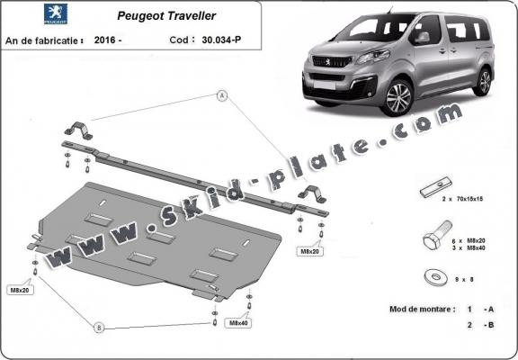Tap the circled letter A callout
pyautogui.click(x=221, y=94)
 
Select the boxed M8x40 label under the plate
pyautogui.click(x=238, y=322)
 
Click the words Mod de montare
pyautogui.click(x=419, y=308)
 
